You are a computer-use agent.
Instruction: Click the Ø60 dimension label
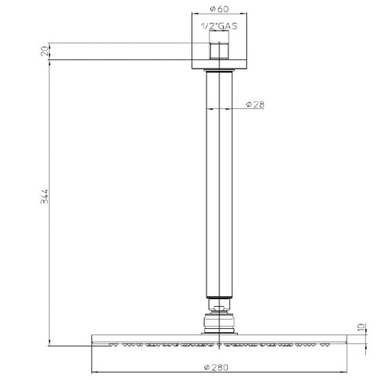tap(219, 9)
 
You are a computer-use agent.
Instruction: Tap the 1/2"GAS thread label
tap(219, 26)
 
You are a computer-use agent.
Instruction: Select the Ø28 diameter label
tap(255, 104)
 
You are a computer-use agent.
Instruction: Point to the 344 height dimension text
tap(44, 196)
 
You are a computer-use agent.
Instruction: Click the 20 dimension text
tap(44, 51)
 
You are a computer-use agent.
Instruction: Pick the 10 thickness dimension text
tap(361, 327)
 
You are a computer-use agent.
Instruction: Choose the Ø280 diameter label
tap(216, 367)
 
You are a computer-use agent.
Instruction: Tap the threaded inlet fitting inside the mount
tap(219, 45)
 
